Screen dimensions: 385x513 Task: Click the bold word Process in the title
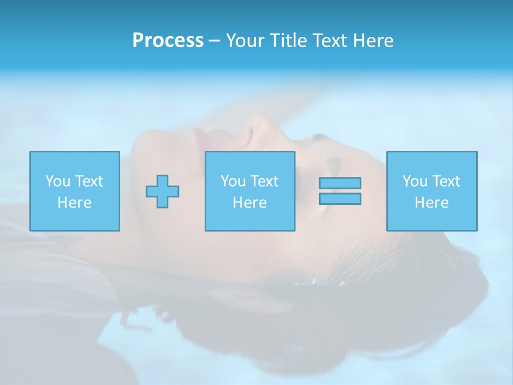click(168, 41)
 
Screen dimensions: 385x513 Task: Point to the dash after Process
click(214, 41)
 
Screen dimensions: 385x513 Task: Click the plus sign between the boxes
click(162, 191)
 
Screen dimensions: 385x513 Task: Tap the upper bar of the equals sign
click(340, 183)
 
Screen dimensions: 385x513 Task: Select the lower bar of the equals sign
click(340, 198)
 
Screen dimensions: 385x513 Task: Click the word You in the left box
click(58, 181)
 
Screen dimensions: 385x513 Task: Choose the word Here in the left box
click(74, 203)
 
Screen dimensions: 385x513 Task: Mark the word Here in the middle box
click(250, 203)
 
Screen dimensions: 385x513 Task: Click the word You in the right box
click(415, 181)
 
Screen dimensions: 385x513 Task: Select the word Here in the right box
click(431, 203)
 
